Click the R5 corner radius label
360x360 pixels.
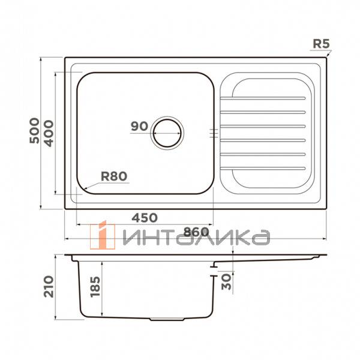point(321,44)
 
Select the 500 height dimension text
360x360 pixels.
point(34,130)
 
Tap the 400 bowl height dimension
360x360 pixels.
point(49,133)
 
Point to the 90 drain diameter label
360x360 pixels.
point(139,126)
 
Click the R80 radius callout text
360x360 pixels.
point(114,176)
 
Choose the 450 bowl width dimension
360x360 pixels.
point(145,218)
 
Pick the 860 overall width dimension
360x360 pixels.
point(196,232)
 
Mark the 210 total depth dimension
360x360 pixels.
point(49,287)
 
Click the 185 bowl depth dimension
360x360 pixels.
point(95,287)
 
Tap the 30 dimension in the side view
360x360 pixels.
point(226,282)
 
